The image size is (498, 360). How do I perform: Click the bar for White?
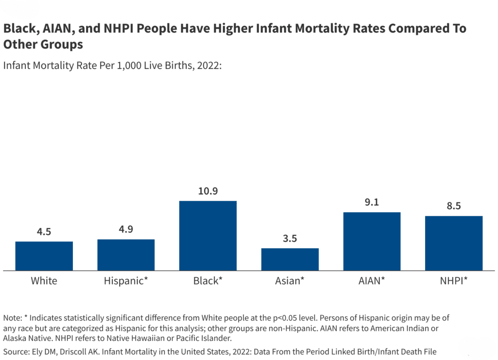(44, 256)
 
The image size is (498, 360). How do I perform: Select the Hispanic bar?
(126, 255)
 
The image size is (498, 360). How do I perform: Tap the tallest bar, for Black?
(208, 235)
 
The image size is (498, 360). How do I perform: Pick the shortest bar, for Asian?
(290, 259)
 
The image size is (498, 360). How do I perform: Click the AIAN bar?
(372, 241)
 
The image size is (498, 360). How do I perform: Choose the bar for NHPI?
(454, 243)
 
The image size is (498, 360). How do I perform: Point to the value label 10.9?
(208, 191)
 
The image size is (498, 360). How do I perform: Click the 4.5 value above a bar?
(44, 232)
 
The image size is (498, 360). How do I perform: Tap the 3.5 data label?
(290, 238)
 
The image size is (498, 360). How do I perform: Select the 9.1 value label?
(372, 202)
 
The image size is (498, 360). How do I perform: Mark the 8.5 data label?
(454, 206)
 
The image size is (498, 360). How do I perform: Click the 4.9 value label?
(126, 230)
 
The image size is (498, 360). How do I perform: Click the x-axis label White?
(44, 281)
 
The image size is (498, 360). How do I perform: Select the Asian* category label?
(290, 281)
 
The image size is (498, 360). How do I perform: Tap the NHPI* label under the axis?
(454, 281)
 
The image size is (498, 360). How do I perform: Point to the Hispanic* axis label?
(126, 281)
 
